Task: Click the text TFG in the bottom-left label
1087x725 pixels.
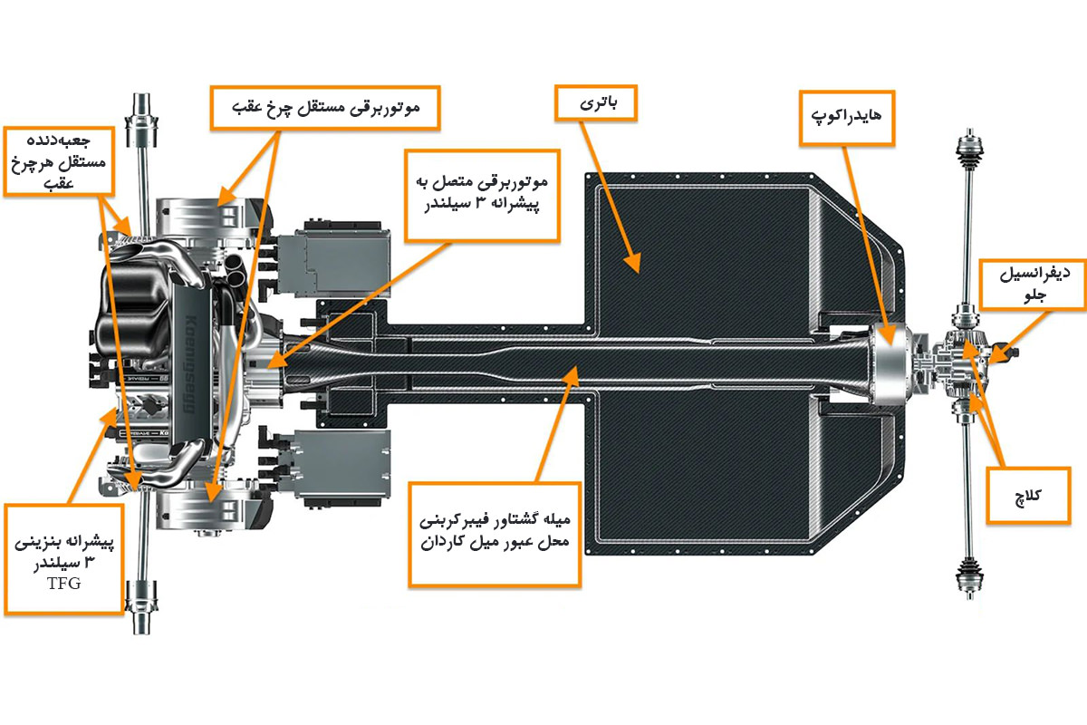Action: pos(63,585)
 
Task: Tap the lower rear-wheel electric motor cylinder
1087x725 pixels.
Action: pos(201,507)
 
